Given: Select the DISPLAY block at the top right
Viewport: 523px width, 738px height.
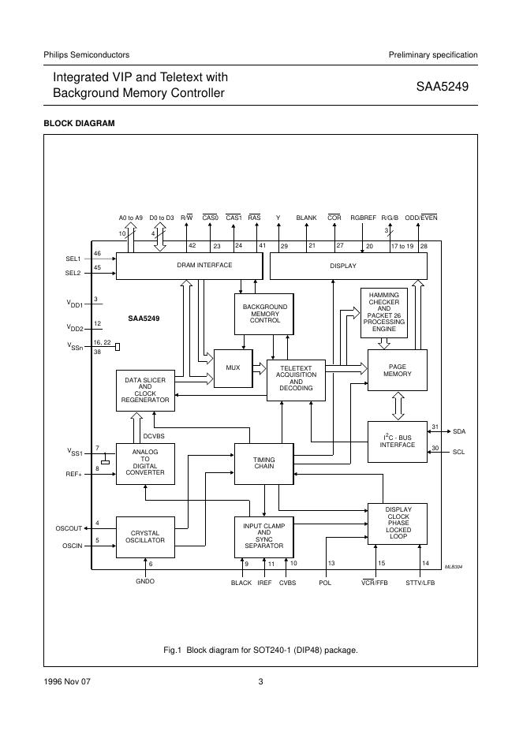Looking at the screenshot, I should click(348, 266).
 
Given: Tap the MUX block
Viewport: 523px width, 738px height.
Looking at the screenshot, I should click(233, 367).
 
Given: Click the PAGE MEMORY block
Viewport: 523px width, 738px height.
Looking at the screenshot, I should click(398, 371).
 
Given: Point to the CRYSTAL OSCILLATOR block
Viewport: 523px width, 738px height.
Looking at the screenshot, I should click(145, 537).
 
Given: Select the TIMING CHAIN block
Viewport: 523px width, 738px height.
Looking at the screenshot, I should click(263, 464).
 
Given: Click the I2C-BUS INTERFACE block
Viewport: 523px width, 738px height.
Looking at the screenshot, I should click(398, 442).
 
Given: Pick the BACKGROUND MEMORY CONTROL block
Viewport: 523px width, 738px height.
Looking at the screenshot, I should click(264, 314).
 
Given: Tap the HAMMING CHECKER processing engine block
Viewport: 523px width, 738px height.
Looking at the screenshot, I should click(384, 312).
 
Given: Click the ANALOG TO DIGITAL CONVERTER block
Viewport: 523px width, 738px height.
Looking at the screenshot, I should click(145, 464).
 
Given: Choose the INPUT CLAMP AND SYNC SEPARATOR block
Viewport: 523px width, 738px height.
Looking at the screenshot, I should click(263, 537).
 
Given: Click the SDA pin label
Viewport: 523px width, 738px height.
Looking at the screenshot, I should click(459, 432).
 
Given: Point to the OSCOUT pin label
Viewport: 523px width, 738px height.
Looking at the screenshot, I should click(69, 527).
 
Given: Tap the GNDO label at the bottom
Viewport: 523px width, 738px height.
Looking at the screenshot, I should click(145, 582).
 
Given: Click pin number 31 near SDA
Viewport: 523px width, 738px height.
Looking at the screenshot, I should click(435, 427).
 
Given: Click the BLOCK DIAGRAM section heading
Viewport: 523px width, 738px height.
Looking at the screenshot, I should click(79, 124).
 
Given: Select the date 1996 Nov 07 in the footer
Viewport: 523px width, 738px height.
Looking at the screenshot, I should click(67, 682).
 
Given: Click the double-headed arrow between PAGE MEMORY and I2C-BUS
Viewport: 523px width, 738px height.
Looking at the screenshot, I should click(398, 406).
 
